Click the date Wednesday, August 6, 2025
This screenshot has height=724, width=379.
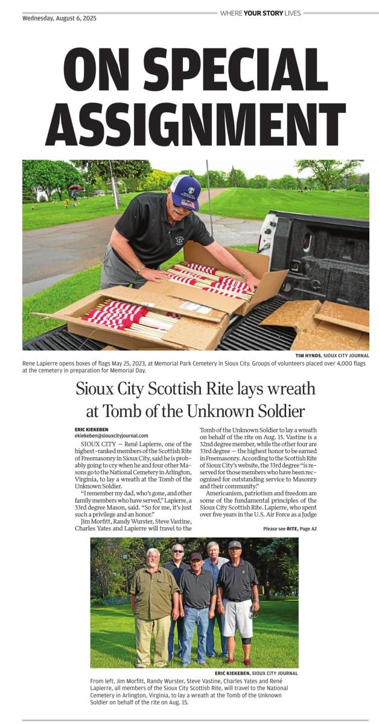(x=59, y=18)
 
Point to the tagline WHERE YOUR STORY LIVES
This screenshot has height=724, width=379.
(x=260, y=13)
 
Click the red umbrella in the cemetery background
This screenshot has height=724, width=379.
(x=75, y=187)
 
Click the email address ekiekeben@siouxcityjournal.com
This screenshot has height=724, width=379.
(x=111, y=435)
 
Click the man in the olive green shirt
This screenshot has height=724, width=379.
(x=154, y=597)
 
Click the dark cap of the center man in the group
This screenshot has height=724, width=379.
(x=196, y=556)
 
